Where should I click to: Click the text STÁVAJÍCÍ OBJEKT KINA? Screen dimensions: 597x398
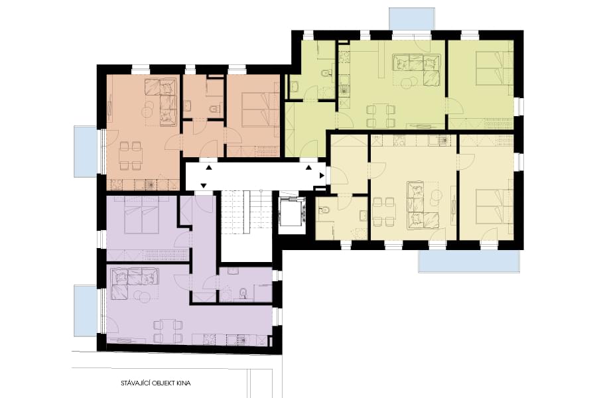click(156, 383)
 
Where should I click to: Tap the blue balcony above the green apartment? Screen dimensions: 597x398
click(411, 17)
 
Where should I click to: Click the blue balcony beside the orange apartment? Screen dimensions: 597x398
click(86, 152)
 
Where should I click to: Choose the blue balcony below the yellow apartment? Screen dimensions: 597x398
click(469, 261)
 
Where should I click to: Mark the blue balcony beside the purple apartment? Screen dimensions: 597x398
click(86, 311)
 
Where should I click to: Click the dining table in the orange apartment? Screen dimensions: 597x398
click(131, 155)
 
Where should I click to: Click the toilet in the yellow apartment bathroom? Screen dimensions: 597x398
click(326, 211)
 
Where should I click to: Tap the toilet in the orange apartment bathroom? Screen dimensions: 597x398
click(215, 109)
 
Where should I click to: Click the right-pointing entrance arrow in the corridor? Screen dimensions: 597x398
click(322, 176)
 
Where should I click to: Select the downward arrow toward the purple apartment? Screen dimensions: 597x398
click(204, 186)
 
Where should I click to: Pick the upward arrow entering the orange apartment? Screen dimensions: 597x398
click(209, 167)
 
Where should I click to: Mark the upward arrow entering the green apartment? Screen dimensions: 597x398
click(308, 166)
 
